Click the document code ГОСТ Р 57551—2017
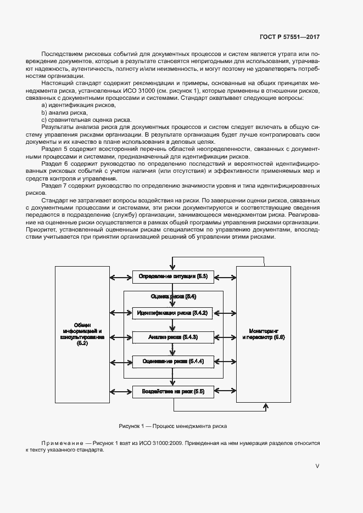[289, 37]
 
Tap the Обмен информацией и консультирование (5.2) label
[82, 334]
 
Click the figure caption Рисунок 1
[172, 426]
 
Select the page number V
[317, 466]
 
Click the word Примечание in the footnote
[60, 442]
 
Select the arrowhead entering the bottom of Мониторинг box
[266, 407]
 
